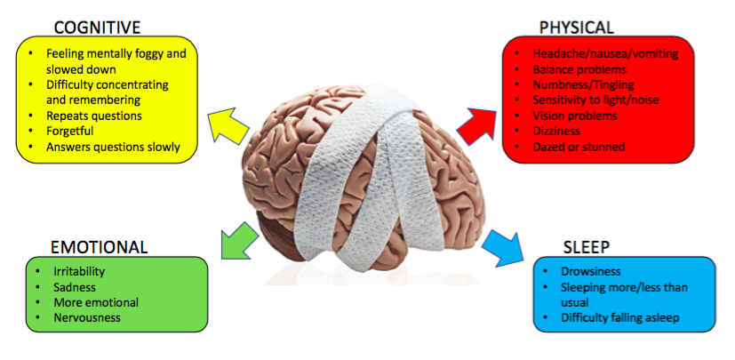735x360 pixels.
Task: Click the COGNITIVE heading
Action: [x=99, y=27]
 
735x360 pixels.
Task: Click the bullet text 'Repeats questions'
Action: [x=93, y=116]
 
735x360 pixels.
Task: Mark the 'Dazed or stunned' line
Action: [x=579, y=147]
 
